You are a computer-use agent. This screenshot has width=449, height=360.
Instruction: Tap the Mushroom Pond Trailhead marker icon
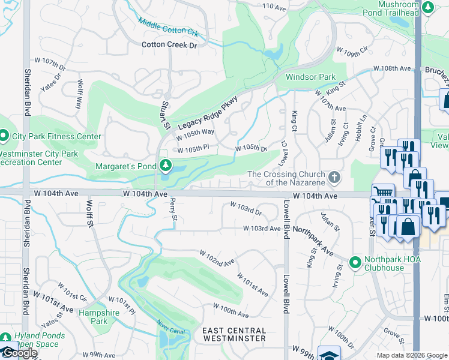click(x=428, y=7)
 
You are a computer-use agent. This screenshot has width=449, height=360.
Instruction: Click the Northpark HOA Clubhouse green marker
click(x=355, y=263)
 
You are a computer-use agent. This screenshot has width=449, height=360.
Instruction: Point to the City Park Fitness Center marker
click(x=4, y=136)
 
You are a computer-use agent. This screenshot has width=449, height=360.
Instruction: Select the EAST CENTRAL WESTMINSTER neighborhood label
click(x=234, y=335)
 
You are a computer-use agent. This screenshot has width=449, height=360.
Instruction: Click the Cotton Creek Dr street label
click(x=169, y=45)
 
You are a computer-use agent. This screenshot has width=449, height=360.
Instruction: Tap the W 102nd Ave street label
click(x=217, y=260)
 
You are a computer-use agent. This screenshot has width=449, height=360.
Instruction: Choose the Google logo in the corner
click(x=19, y=353)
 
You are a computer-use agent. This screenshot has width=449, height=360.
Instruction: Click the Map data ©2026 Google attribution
click(x=412, y=355)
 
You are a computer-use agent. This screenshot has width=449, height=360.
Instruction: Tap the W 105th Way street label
click(x=195, y=132)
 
